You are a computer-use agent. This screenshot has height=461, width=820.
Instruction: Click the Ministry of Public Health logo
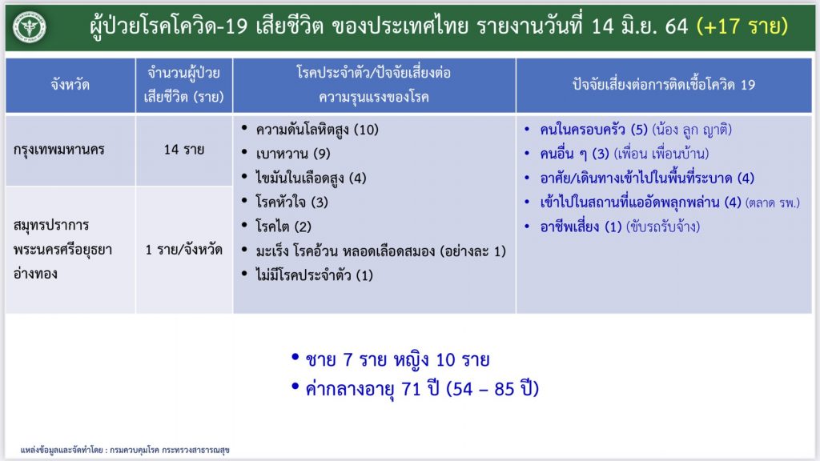30,26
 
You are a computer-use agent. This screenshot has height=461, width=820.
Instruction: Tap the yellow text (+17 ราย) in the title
742,26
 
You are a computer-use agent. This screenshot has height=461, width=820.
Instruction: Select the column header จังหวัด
70,84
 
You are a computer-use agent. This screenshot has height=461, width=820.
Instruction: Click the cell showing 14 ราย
183,150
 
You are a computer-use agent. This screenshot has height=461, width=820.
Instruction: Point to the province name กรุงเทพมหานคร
59,150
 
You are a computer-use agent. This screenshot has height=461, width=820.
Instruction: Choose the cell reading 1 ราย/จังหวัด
183,250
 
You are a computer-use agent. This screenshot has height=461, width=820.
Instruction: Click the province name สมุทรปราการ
51,226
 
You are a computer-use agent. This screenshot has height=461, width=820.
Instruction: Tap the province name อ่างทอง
35,273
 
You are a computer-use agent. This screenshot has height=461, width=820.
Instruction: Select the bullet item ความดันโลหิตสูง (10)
317,130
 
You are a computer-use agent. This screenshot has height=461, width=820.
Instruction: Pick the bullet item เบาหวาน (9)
293,154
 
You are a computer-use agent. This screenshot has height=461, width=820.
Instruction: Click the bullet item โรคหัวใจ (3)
291,202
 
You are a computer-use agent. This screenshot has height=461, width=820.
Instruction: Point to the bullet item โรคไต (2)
283,226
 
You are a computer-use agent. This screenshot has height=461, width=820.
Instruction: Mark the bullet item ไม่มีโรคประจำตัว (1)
314,275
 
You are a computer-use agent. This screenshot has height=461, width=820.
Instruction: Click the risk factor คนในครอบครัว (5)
593,129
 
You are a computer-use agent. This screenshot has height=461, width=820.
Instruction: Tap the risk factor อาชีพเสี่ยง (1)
581,226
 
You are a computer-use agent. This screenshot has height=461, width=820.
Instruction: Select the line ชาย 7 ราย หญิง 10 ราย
397,359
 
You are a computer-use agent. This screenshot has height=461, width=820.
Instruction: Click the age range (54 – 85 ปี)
492,389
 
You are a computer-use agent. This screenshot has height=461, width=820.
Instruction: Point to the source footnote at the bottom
125,450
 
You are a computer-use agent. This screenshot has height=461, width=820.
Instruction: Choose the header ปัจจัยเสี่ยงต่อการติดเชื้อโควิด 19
664,85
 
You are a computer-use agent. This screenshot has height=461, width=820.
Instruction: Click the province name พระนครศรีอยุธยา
62,250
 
